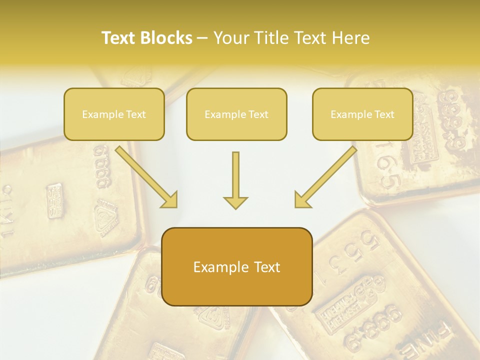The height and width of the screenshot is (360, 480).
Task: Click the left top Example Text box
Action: coord(114,114)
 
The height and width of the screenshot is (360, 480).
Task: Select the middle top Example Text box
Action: coord(236,114)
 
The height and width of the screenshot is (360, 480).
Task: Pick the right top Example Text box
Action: coord(362,114)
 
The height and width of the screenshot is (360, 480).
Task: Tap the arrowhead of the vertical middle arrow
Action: coord(235,202)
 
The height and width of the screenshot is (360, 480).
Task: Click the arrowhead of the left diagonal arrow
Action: coord(170,200)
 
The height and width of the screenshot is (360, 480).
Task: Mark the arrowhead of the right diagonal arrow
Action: coord(301,200)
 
